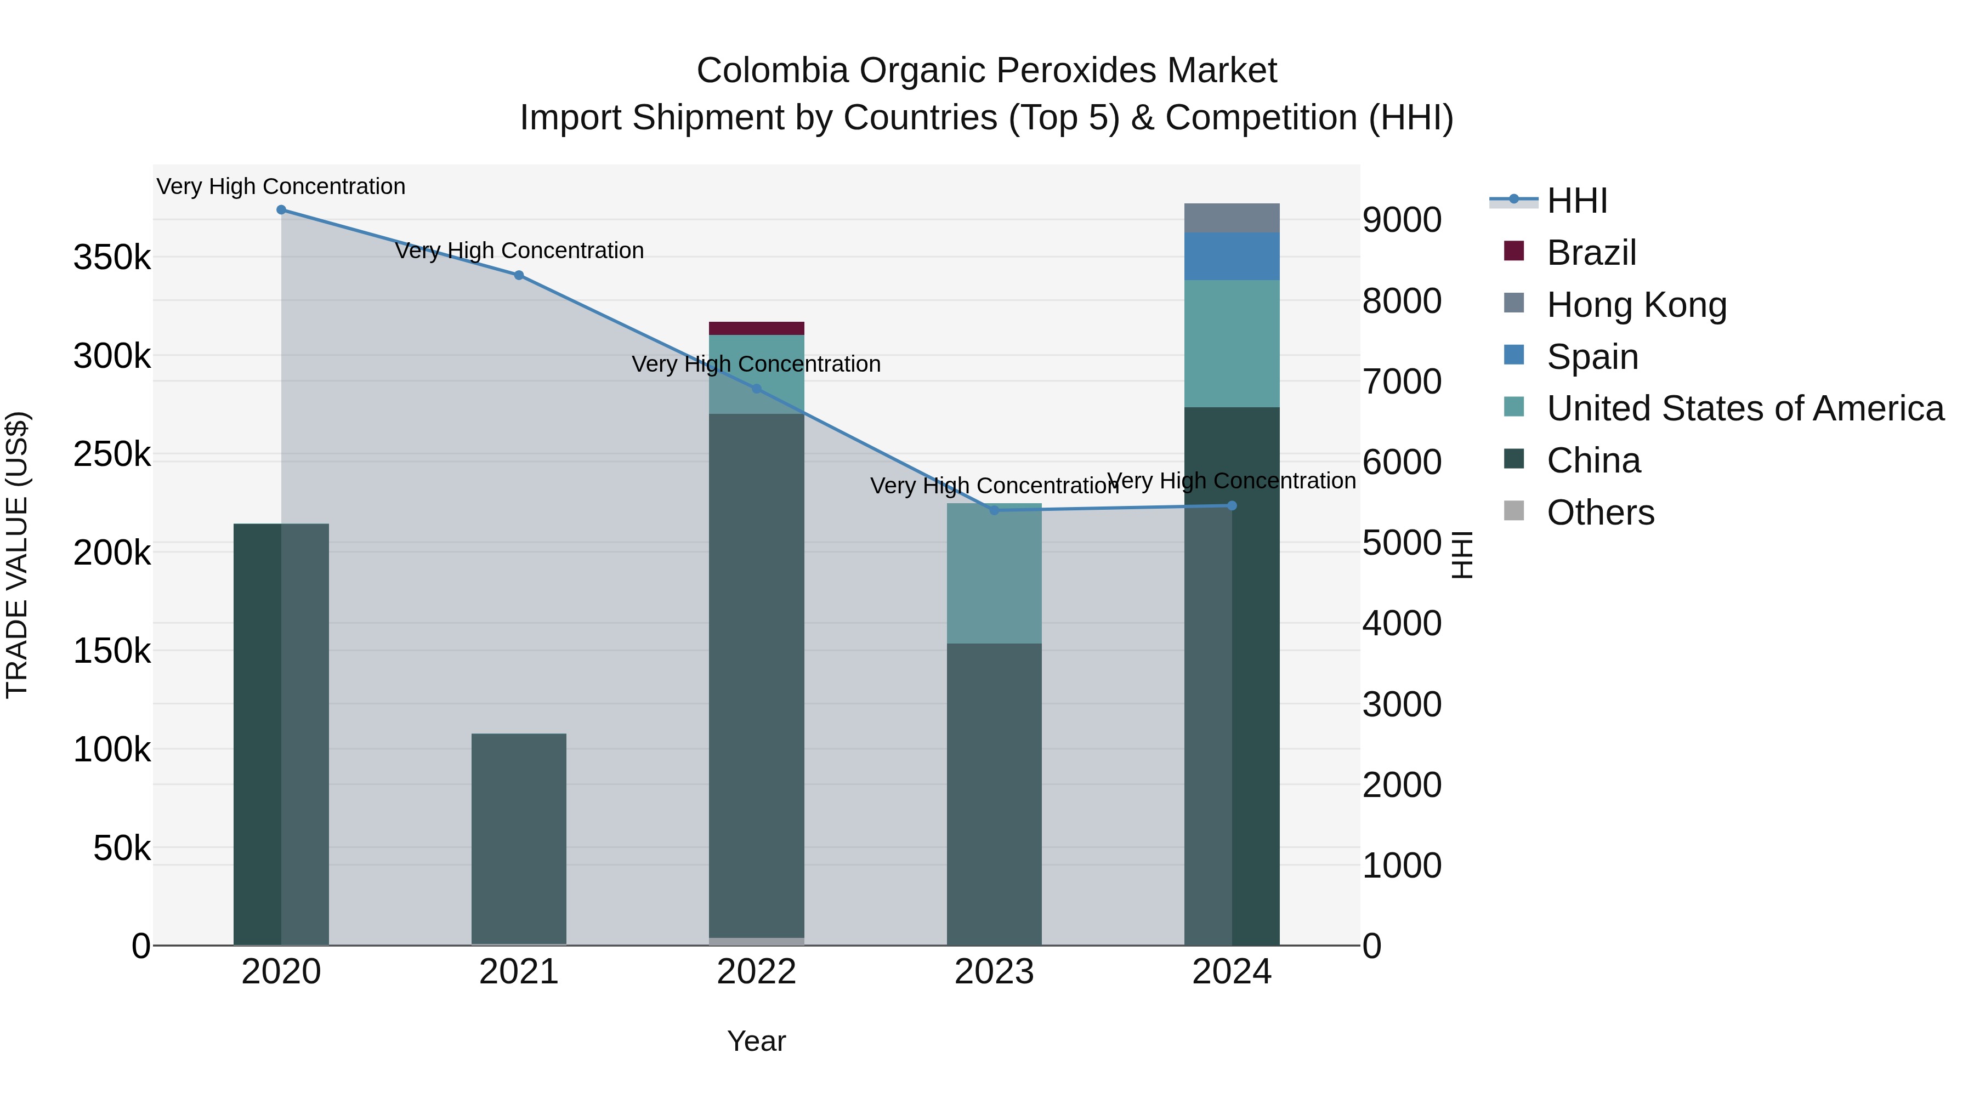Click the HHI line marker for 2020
(x=281, y=210)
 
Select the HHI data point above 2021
(x=519, y=275)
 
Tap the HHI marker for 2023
(x=994, y=510)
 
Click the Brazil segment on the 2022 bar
(x=756, y=329)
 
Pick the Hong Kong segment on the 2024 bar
(x=1232, y=218)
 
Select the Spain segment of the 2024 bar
(x=1232, y=257)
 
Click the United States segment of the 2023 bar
(x=994, y=574)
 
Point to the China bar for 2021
(x=519, y=839)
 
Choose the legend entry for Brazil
(x=1591, y=253)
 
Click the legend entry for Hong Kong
(x=1636, y=305)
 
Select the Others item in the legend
(x=1600, y=513)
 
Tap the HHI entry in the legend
(x=1576, y=201)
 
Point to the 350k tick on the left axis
(x=112, y=258)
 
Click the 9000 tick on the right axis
(x=1402, y=220)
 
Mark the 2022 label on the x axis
(x=756, y=972)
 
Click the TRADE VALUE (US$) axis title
(x=17, y=555)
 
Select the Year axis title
(x=756, y=1041)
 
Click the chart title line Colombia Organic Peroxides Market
(x=986, y=71)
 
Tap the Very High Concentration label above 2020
(x=281, y=186)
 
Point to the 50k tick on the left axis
(x=122, y=849)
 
